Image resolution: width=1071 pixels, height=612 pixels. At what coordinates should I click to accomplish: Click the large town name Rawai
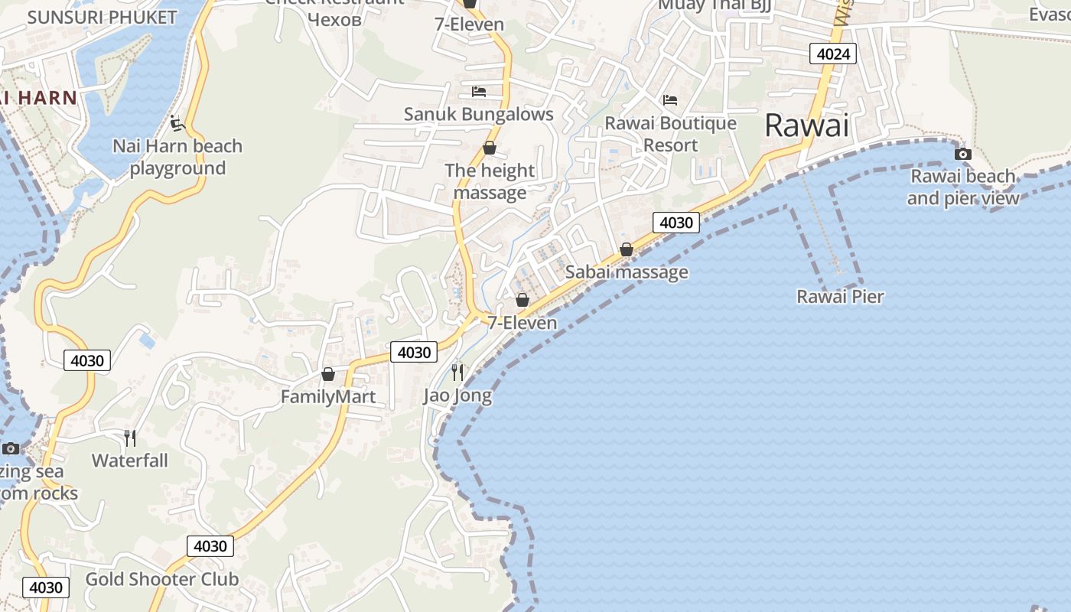point(807,125)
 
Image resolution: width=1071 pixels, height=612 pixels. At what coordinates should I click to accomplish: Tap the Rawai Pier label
point(840,297)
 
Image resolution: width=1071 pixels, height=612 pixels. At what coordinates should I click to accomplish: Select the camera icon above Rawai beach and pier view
point(963,154)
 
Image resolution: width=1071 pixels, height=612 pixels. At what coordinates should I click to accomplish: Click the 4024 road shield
point(832,54)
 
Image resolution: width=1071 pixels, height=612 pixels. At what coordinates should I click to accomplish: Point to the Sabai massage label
point(627,272)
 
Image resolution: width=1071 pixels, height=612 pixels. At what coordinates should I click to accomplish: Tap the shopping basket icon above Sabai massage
point(627,249)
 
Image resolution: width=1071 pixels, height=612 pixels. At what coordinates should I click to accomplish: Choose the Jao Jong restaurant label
point(457,396)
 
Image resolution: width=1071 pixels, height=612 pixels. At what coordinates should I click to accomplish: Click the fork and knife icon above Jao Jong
point(457,373)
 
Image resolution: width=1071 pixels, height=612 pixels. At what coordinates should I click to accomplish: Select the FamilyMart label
point(328,397)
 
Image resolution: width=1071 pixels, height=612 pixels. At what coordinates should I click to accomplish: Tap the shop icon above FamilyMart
point(328,374)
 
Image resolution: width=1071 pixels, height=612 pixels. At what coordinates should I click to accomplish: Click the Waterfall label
point(130,461)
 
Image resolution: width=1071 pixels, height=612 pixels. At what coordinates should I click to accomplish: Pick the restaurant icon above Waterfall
point(130,438)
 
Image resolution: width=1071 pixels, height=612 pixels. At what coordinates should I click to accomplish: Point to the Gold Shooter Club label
point(161,579)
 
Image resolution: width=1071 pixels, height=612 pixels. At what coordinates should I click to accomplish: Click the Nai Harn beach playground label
point(177,157)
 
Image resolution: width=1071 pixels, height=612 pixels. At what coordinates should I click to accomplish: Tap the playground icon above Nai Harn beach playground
point(177,122)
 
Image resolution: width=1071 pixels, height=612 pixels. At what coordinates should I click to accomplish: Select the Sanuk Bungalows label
point(478,115)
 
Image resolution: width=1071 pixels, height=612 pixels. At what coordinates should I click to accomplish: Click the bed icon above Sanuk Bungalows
point(478,92)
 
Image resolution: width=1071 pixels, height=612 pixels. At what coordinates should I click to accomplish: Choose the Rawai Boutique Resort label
point(670,134)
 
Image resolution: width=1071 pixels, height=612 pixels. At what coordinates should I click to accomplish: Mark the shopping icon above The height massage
point(490,148)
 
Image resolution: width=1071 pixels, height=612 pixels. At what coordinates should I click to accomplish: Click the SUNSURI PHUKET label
point(102,18)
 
